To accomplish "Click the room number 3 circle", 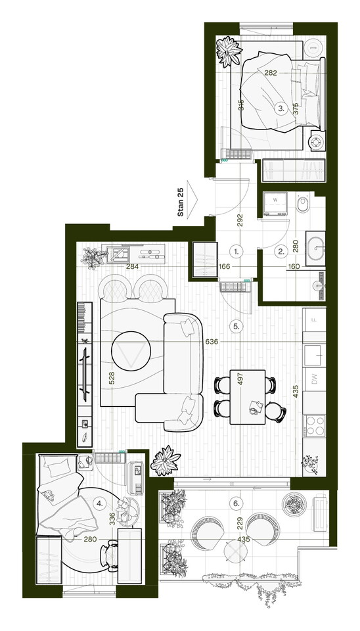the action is pyautogui.click(x=281, y=108).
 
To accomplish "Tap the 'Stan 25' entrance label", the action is pyautogui.click(x=181, y=202).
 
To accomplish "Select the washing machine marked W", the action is pyautogui.click(x=275, y=204).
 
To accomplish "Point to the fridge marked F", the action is pyautogui.click(x=315, y=320).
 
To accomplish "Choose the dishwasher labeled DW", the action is pyautogui.click(x=315, y=379).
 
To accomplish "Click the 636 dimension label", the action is pyautogui.click(x=212, y=342).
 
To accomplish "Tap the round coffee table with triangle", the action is pyautogui.click(x=131, y=351).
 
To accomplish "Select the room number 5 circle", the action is pyautogui.click(x=236, y=327).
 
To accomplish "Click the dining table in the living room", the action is pyautogui.click(x=248, y=397).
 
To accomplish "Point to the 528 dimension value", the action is pyautogui.click(x=112, y=379).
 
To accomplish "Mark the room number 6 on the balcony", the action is pyautogui.click(x=236, y=503).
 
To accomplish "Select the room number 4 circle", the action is pyautogui.click(x=99, y=503).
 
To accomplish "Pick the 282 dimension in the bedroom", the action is pyautogui.click(x=271, y=73).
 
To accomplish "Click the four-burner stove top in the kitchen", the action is pyautogui.click(x=315, y=426).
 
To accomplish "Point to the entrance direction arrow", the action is pyautogui.click(x=192, y=197).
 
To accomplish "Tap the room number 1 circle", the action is pyautogui.click(x=236, y=252).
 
